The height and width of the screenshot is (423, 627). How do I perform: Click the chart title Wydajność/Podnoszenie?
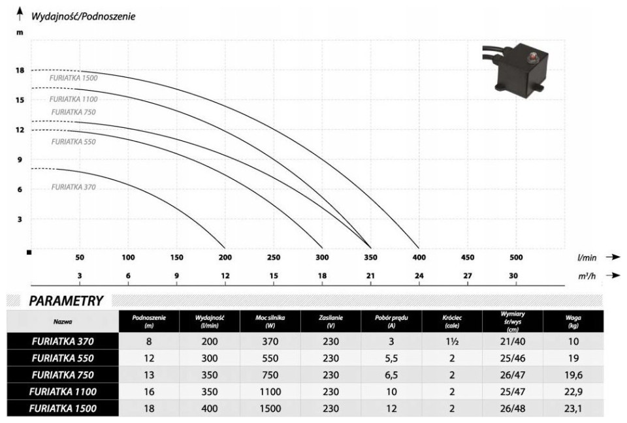tap(83, 16)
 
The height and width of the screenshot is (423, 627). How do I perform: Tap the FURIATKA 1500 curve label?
tap(74, 78)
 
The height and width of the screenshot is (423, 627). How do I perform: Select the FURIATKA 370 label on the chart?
tap(74, 187)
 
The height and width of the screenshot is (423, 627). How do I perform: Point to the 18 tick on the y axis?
tap(20, 70)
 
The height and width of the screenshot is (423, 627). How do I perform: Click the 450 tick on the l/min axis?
tap(468, 257)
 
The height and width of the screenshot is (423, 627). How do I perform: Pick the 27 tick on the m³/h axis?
tap(468, 276)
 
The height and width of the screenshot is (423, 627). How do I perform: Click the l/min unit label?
tap(587, 258)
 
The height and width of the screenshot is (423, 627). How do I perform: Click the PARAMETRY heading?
tap(66, 301)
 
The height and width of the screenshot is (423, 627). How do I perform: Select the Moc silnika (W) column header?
tap(270, 321)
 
